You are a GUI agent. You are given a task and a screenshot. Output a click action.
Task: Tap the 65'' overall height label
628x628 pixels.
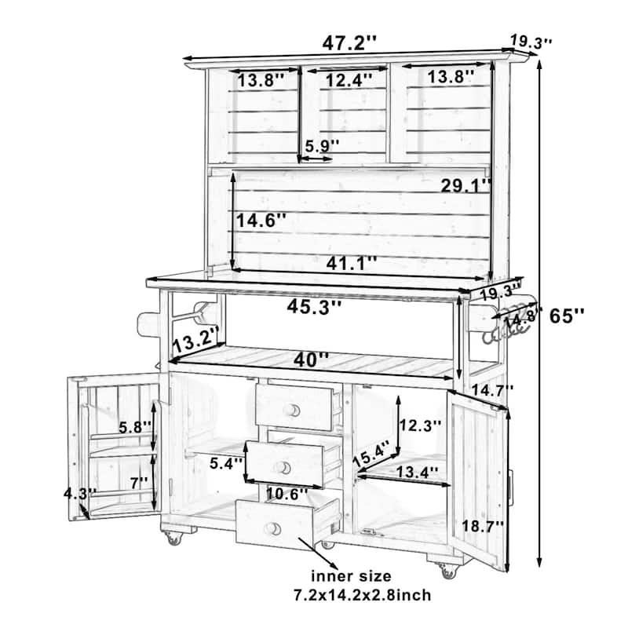tap(567, 317)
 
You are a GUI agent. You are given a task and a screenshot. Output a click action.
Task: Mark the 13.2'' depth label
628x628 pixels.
tap(194, 341)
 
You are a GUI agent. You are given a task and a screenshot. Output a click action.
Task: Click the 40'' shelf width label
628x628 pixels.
tap(312, 360)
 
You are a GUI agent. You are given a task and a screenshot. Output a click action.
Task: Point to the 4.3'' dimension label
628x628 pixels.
tap(82, 493)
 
